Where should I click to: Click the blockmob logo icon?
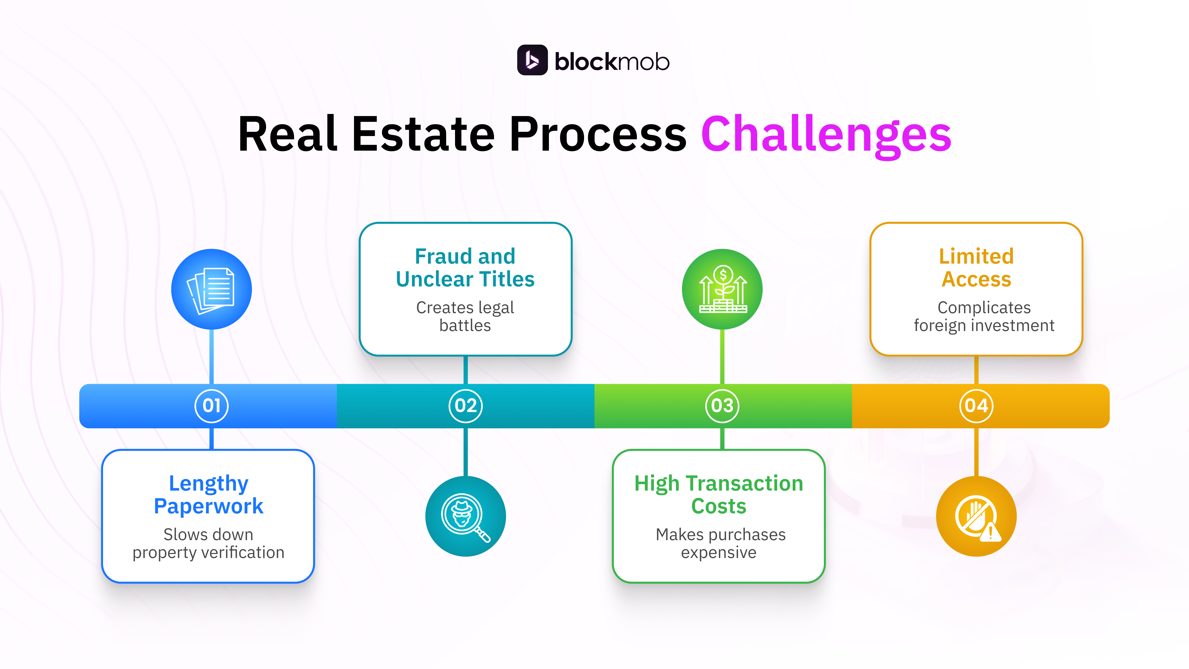[x=532, y=60]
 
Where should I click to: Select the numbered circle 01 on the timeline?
[x=211, y=406]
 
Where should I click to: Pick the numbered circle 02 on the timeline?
[x=465, y=406]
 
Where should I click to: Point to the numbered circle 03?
[x=722, y=406]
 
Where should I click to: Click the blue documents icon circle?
[x=211, y=289]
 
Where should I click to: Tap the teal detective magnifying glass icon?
[x=465, y=516]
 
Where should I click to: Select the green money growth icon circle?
[x=722, y=289]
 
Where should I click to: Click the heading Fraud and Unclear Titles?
[x=465, y=268]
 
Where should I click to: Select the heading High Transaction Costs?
[x=719, y=495]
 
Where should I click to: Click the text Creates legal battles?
[x=465, y=316]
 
